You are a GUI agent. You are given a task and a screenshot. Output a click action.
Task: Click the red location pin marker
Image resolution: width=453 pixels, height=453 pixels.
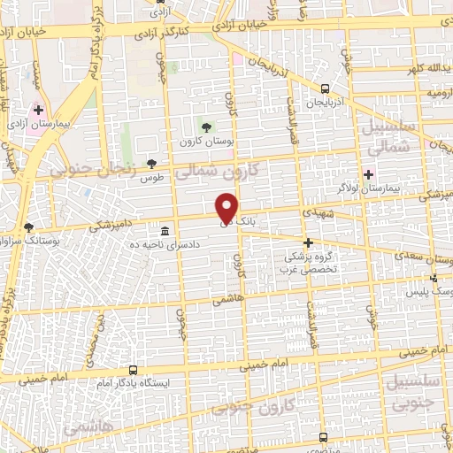click(x=227, y=208)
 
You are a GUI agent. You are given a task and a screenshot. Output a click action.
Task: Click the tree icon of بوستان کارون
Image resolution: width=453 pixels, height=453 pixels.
click(x=206, y=126)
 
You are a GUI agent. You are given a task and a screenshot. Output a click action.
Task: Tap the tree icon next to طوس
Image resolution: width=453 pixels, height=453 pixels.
click(x=151, y=163)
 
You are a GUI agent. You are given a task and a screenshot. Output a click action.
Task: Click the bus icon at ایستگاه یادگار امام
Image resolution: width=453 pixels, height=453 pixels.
click(x=133, y=370)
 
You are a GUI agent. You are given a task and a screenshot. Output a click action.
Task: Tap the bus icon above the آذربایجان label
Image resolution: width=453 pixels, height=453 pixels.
click(x=325, y=88)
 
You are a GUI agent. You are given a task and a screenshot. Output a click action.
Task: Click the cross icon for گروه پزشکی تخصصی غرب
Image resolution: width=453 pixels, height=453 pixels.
click(x=308, y=242)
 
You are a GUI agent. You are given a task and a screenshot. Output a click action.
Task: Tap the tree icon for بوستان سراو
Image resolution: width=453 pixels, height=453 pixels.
click(x=29, y=226)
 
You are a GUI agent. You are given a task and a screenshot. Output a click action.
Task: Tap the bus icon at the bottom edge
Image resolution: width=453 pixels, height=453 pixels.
click(x=323, y=436)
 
